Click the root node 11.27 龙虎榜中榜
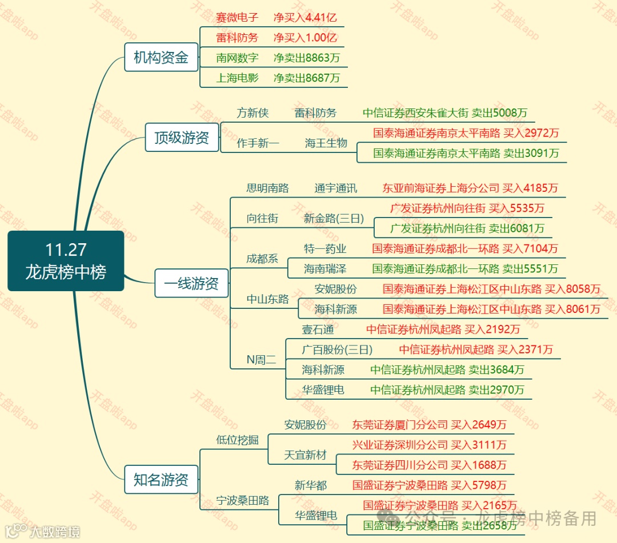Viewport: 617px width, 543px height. point(66,261)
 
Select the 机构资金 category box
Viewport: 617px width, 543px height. point(161,58)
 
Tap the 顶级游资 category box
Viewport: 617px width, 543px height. point(182,138)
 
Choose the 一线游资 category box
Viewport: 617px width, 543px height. point(191,284)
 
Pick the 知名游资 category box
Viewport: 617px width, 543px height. point(161,480)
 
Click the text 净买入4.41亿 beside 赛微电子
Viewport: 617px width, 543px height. point(305,17)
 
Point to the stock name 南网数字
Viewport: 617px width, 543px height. point(237,58)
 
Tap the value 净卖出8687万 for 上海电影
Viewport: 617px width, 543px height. point(306,78)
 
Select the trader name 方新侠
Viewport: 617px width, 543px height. point(253,113)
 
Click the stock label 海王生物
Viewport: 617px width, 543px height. point(326,143)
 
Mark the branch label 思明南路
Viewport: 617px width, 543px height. point(267,188)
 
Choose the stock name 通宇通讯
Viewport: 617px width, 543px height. point(335,188)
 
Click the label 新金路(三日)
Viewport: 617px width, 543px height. point(334,218)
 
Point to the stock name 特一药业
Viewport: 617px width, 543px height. point(324,249)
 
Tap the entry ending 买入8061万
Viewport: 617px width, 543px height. point(491,309)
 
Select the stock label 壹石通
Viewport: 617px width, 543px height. point(318,329)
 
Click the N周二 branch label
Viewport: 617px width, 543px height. point(261,360)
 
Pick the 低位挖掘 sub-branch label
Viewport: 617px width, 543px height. point(237,440)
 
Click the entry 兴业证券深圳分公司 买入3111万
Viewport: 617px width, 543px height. point(429,444)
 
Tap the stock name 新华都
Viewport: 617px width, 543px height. point(311,485)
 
